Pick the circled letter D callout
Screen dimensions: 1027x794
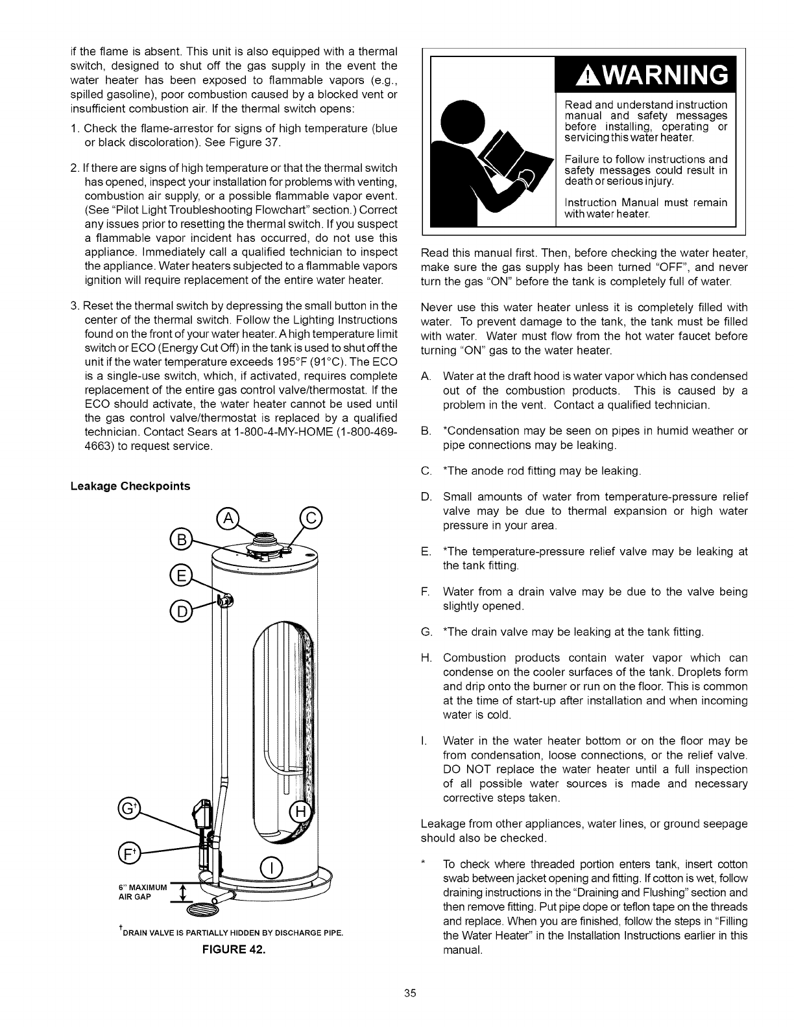tap(180, 611)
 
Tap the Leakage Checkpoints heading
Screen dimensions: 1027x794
tap(130, 468)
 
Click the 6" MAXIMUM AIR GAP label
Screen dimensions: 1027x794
tap(143, 892)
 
